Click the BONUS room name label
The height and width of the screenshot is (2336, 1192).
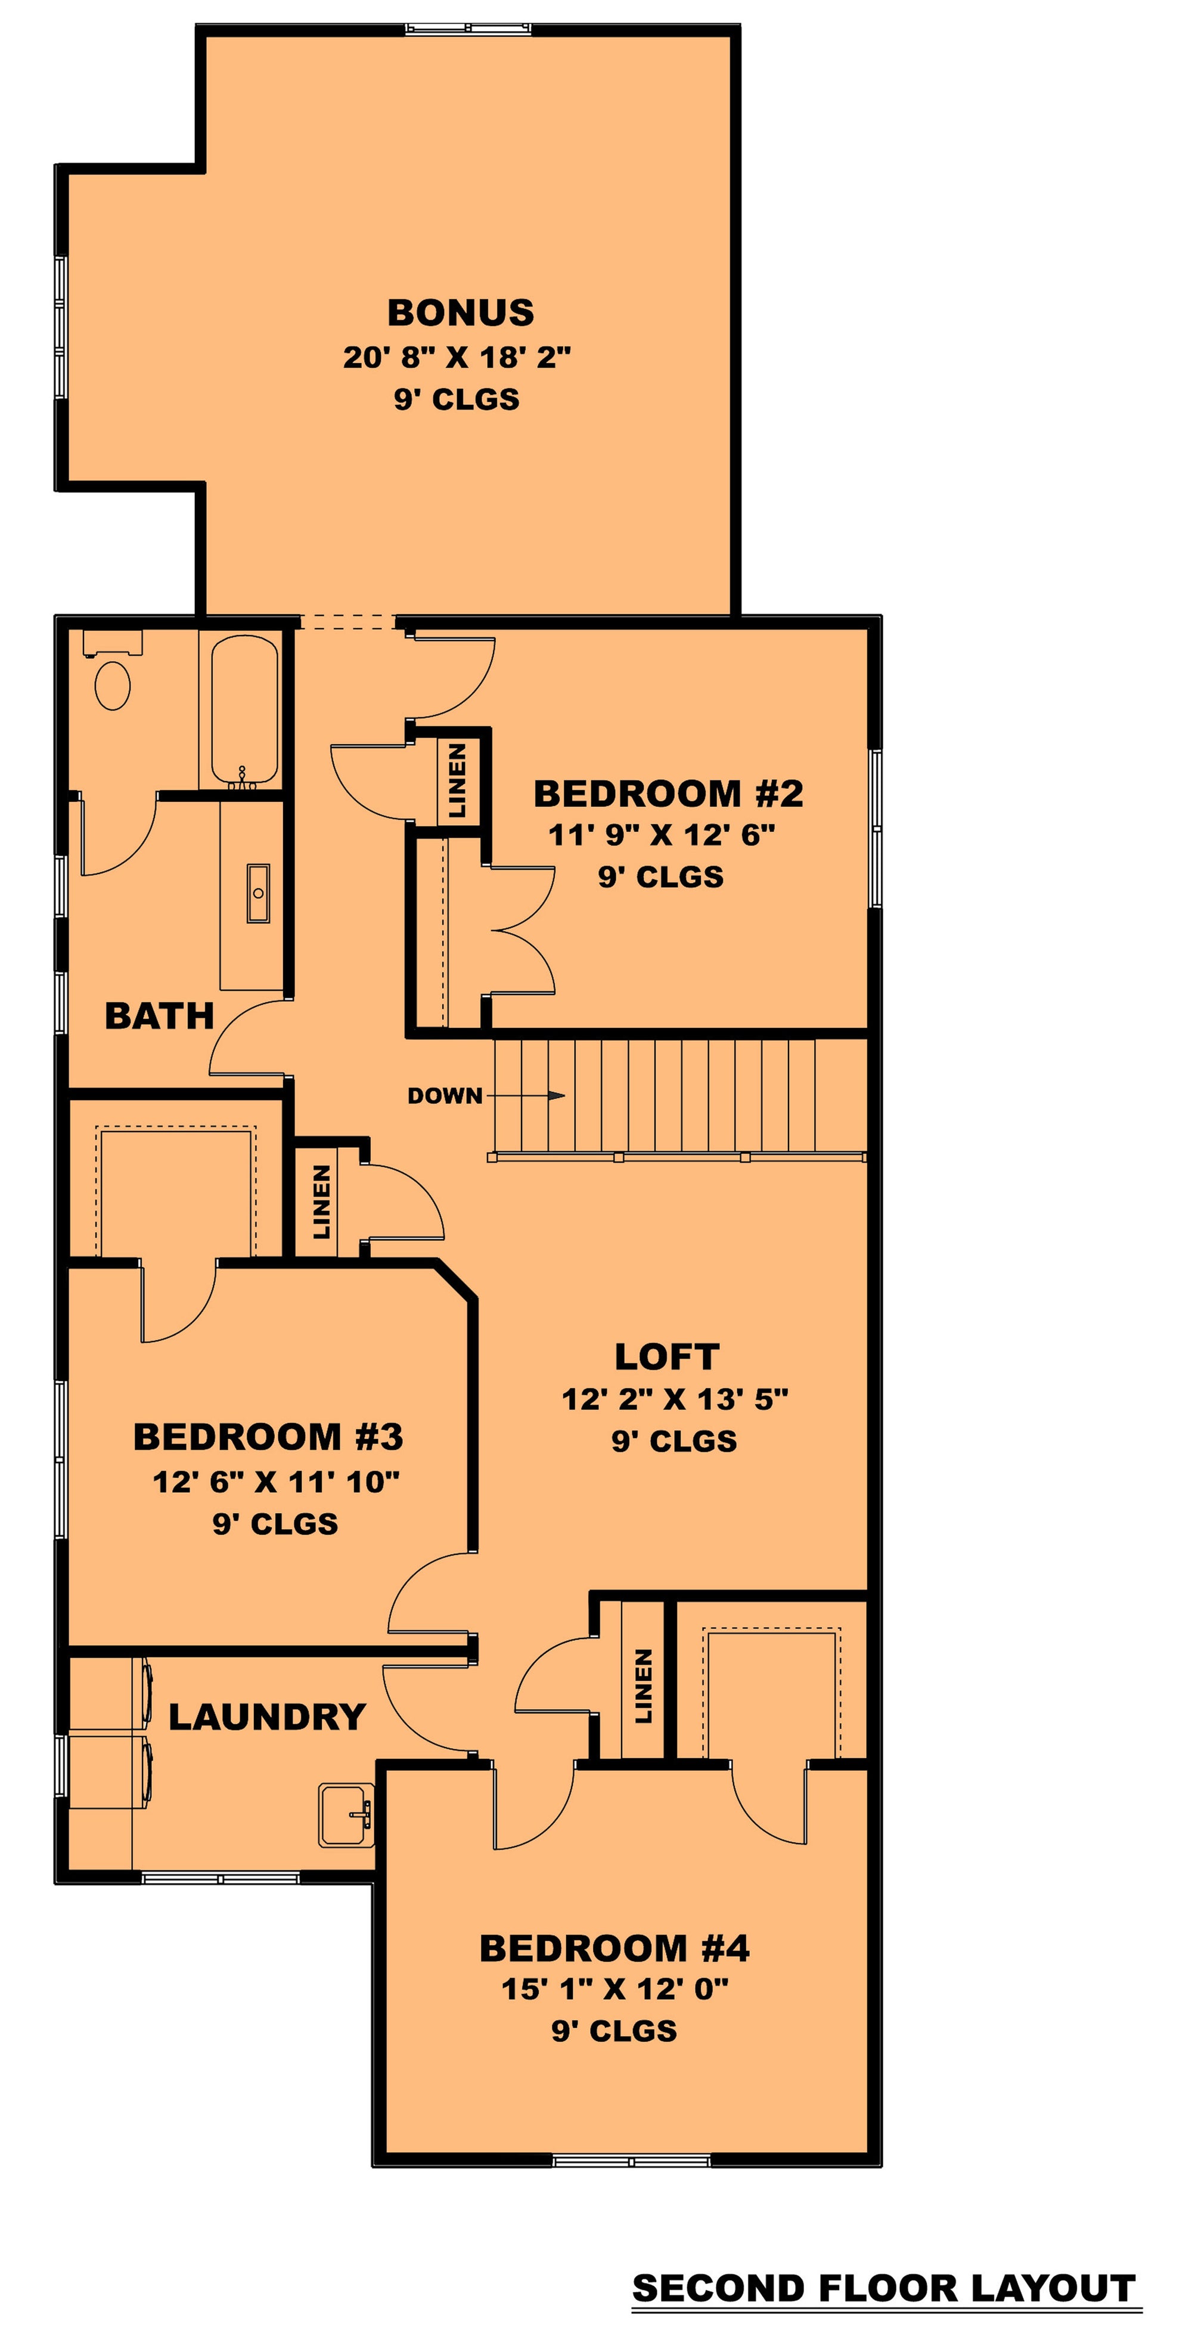[x=461, y=313]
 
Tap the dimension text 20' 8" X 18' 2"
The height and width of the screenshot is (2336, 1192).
[x=457, y=357]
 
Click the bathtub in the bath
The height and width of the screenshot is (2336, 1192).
[x=245, y=712]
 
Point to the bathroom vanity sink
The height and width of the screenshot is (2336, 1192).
[x=258, y=893]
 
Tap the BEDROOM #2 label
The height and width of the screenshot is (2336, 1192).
[x=668, y=794]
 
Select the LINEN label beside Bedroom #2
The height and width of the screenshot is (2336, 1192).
[x=458, y=780]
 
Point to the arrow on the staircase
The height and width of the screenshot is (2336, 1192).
[x=526, y=1095]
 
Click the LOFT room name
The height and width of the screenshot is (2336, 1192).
[x=667, y=1356]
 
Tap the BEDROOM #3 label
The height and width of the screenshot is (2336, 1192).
[x=268, y=1436]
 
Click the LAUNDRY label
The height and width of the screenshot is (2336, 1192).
[x=268, y=1717]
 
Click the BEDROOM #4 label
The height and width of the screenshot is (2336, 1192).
[x=614, y=1948]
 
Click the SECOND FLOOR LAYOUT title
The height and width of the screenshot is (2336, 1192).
[x=884, y=2288]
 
